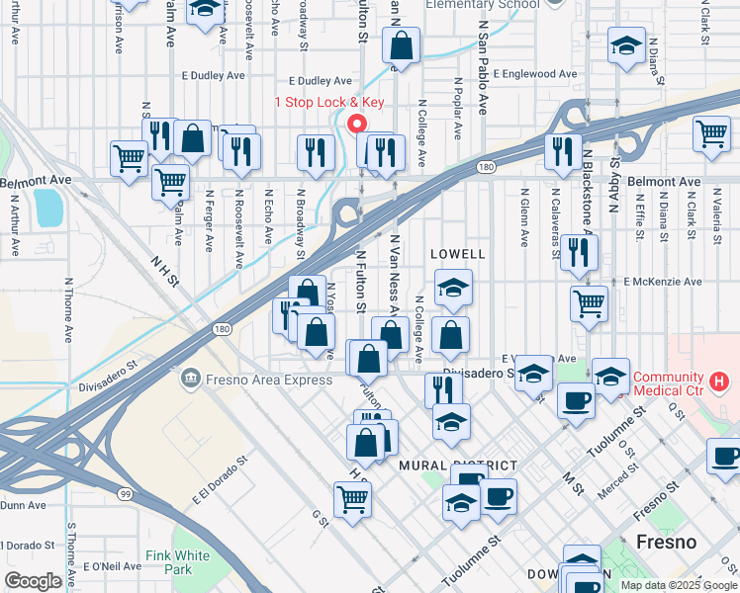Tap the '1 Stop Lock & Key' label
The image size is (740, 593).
point(328,103)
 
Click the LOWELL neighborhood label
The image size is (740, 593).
point(458,254)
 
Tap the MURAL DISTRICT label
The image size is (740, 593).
point(457,465)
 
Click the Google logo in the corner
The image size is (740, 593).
point(33,580)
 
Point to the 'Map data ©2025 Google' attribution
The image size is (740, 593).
point(679,585)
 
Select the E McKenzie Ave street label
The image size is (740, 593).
point(662,282)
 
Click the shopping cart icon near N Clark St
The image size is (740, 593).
point(711,133)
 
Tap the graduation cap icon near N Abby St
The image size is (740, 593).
point(625,45)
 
